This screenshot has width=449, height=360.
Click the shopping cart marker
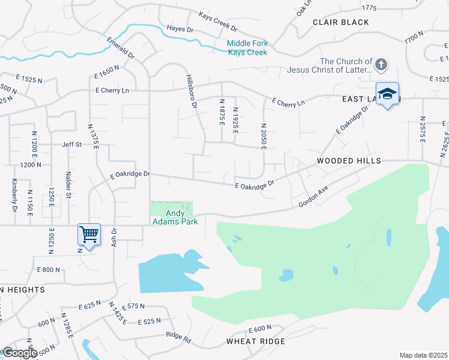[89, 235]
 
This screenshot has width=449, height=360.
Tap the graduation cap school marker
[388, 94]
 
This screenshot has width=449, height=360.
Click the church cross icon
[381, 65]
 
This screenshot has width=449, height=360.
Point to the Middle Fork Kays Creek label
[247, 47]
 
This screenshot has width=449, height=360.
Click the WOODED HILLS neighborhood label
[349, 161]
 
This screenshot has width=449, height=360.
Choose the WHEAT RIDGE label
[255, 341]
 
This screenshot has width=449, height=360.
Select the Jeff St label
[71, 145]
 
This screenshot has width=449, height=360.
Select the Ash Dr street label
[113, 235]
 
